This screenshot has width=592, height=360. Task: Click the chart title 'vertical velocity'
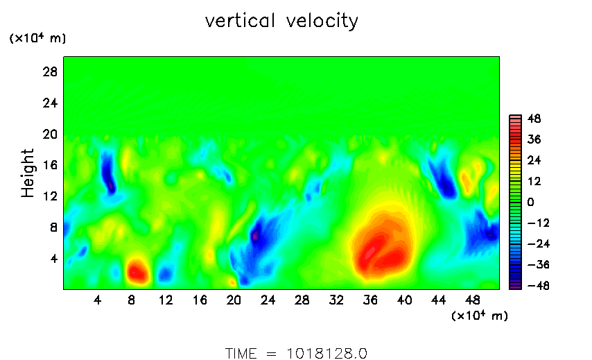click(281, 21)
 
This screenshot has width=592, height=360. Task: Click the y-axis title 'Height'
click(28, 173)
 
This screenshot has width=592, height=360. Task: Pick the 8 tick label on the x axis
click(132, 300)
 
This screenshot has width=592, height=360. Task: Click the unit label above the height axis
click(37, 39)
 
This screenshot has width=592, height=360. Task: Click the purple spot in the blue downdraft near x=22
click(254, 237)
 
